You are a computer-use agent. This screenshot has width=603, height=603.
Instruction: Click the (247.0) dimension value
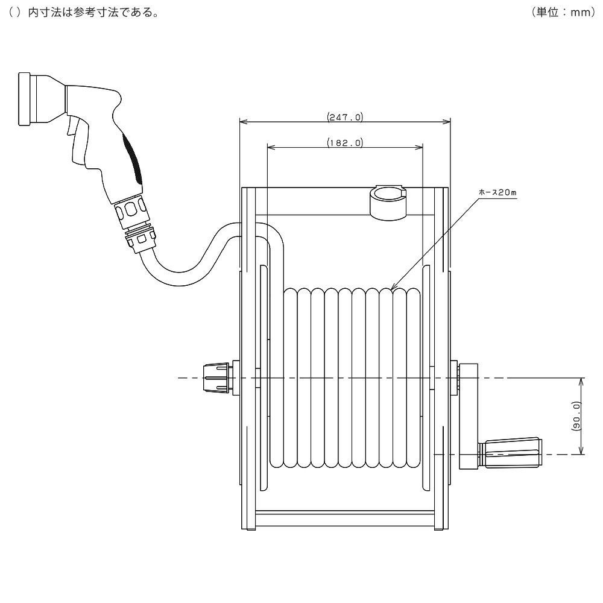click(x=345, y=118)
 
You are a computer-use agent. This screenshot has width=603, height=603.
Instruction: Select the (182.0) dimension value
click(x=345, y=143)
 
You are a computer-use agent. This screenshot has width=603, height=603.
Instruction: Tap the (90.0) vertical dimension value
click(x=576, y=416)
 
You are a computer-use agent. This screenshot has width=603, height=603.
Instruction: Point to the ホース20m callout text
click(x=498, y=192)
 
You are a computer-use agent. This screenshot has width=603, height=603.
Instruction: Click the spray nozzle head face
click(x=24, y=99)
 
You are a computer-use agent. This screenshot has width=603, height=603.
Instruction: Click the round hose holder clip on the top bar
click(x=388, y=202)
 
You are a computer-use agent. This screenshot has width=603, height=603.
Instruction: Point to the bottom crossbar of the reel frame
click(x=345, y=519)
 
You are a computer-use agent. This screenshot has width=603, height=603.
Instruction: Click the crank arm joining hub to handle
click(x=468, y=416)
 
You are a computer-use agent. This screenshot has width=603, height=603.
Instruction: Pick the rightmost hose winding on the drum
click(x=415, y=377)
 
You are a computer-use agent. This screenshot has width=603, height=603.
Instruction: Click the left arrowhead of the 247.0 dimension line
click(x=243, y=122)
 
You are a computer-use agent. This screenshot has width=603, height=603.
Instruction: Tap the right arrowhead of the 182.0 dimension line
click(x=420, y=147)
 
